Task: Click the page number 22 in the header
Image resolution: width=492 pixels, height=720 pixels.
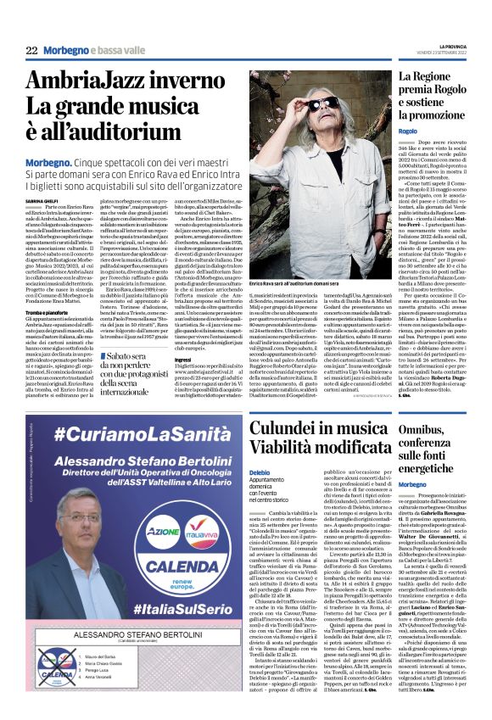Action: point(32,52)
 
